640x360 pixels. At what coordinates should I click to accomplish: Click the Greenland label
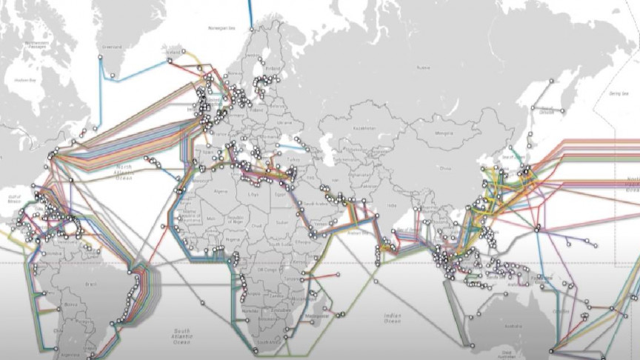(x=113, y=47)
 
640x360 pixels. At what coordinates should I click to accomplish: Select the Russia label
(x=423, y=67)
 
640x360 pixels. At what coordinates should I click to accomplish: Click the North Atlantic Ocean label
(x=122, y=172)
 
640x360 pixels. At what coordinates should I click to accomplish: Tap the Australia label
(x=513, y=324)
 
